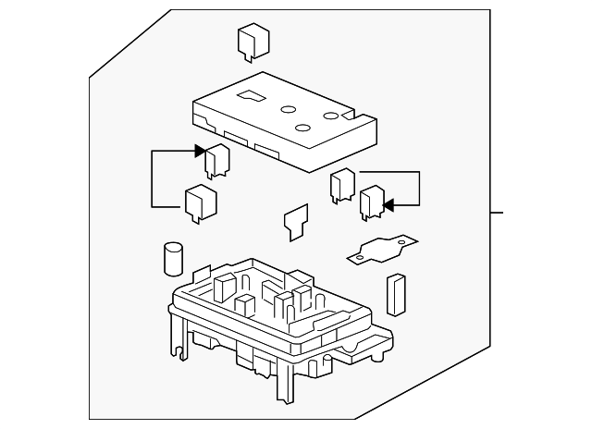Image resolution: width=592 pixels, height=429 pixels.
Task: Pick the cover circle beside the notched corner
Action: [x=330, y=116]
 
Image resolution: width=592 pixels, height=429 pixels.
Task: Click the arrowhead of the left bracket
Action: [x=200, y=151]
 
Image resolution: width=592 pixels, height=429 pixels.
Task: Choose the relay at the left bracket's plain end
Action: [x=201, y=204]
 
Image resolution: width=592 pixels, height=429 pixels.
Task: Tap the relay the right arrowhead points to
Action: [x=372, y=203]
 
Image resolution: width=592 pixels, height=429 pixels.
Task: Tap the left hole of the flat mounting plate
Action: [x=363, y=251]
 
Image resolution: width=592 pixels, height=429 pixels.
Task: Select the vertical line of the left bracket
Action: [x=153, y=178]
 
